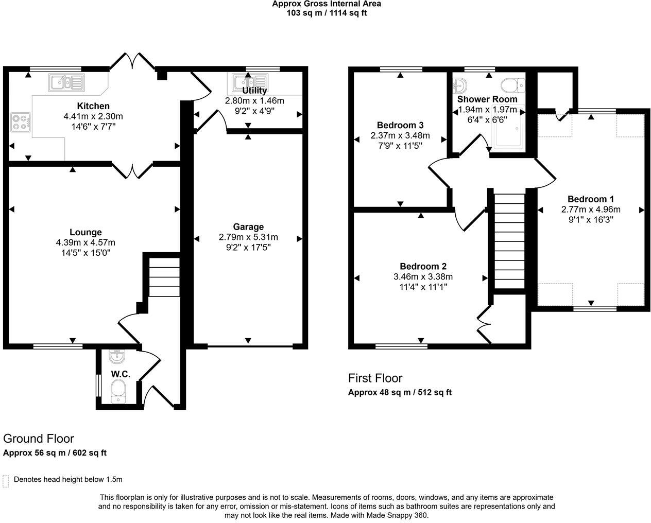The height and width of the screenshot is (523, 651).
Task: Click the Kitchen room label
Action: point(93,106)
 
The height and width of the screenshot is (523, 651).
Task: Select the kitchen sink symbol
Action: point(66,82)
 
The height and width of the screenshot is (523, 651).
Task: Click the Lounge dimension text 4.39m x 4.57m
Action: point(85,242)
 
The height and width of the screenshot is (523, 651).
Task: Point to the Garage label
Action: point(248,226)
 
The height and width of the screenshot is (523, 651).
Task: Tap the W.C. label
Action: point(121,374)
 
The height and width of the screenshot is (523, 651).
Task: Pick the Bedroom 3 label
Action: point(400,125)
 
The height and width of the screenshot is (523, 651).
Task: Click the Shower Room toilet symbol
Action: point(512,84)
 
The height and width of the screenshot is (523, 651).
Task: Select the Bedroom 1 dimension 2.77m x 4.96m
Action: point(591,210)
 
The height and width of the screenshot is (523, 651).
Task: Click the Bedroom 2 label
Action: point(423,266)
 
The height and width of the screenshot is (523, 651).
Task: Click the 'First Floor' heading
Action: point(375,378)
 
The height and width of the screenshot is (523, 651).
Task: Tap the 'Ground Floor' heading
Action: point(39,439)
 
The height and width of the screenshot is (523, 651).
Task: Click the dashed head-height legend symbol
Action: point(6,481)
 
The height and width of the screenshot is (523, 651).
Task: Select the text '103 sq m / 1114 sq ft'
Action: point(327,13)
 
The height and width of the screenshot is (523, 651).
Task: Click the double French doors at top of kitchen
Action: point(132,61)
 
